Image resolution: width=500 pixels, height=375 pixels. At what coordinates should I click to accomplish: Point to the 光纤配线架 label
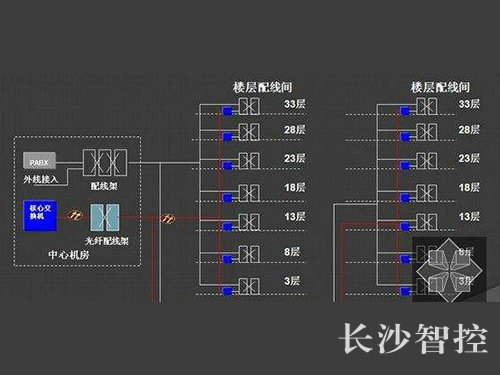pos(104,241)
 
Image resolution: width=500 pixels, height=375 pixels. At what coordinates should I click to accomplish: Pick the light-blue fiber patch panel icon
pos(103,215)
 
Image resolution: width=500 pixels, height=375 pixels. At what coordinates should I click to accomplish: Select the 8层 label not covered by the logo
pos(294,253)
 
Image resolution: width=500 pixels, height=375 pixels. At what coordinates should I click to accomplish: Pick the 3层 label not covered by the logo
pos(294,281)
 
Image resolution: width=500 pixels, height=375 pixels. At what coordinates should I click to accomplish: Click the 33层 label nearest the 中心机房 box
pos(294,104)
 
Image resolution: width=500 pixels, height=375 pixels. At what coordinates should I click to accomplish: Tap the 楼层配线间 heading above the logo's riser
pos(415,87)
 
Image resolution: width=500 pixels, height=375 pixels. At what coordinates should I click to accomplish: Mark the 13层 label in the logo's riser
pos(468,216)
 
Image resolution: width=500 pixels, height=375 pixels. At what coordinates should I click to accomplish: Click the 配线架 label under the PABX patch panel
pos(104,186)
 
